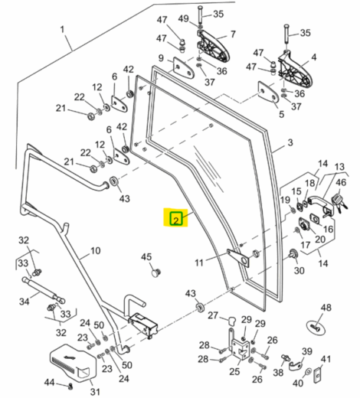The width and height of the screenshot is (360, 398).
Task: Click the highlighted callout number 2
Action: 176,220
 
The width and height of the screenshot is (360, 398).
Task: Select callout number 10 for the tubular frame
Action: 95,250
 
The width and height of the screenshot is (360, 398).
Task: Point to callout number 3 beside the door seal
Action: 290,142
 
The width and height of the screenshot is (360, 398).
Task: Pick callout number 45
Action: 146,257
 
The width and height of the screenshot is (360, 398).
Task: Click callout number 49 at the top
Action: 183,18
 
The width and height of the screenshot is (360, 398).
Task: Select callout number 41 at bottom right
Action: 325,359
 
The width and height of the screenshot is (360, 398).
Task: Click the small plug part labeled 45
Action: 156,271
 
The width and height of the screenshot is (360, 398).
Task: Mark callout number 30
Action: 299,270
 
